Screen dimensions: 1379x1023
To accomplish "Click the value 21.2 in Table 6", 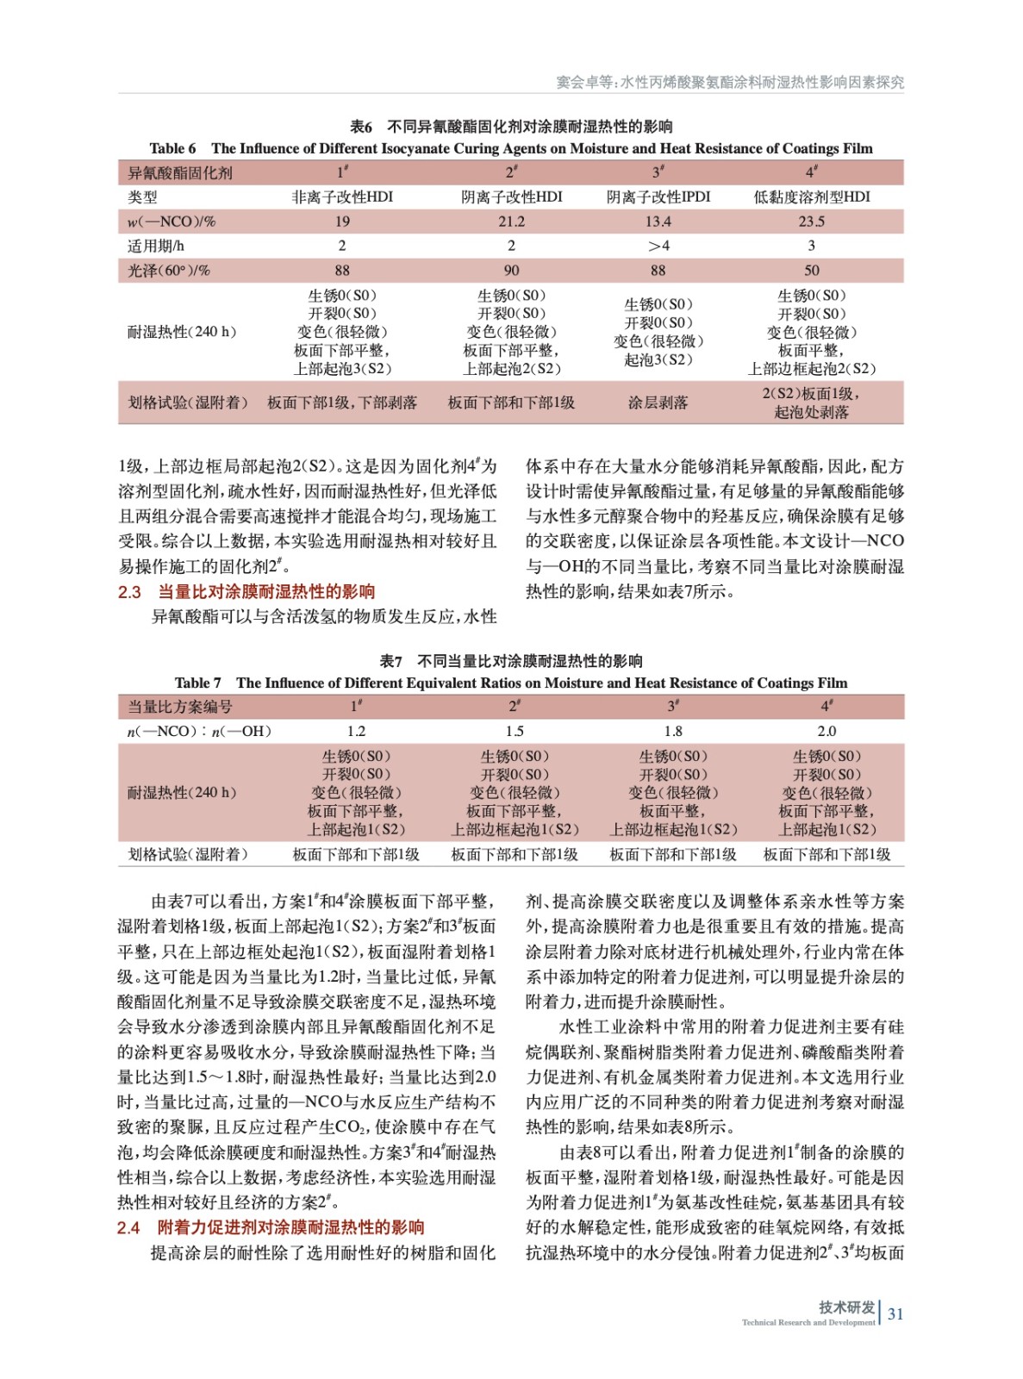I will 511,222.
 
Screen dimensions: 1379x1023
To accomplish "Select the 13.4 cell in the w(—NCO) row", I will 658,222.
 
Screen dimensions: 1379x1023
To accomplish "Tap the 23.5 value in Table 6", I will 811,222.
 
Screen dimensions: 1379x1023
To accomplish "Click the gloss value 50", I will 811,271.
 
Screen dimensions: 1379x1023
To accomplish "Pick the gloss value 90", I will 511,271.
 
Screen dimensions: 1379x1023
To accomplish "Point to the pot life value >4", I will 658,246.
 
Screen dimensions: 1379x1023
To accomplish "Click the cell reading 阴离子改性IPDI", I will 658,197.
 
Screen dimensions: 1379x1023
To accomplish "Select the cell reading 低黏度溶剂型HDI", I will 811,197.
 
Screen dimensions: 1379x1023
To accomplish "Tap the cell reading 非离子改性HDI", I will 342,197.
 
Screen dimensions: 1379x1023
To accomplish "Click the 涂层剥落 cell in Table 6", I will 658,402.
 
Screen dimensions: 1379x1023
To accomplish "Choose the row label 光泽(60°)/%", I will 169,271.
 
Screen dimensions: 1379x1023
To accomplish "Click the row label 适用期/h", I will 156,246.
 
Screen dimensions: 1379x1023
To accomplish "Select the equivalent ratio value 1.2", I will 356,732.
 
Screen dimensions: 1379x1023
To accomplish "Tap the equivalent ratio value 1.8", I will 673,732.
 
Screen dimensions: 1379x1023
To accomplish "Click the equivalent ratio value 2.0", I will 826,732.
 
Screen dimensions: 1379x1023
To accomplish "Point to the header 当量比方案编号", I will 180,708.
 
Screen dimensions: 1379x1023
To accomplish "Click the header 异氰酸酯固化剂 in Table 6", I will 180,173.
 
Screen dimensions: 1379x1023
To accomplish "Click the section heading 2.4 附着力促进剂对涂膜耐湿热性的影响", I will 271,1227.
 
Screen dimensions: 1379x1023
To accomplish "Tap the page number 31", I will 895,1314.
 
